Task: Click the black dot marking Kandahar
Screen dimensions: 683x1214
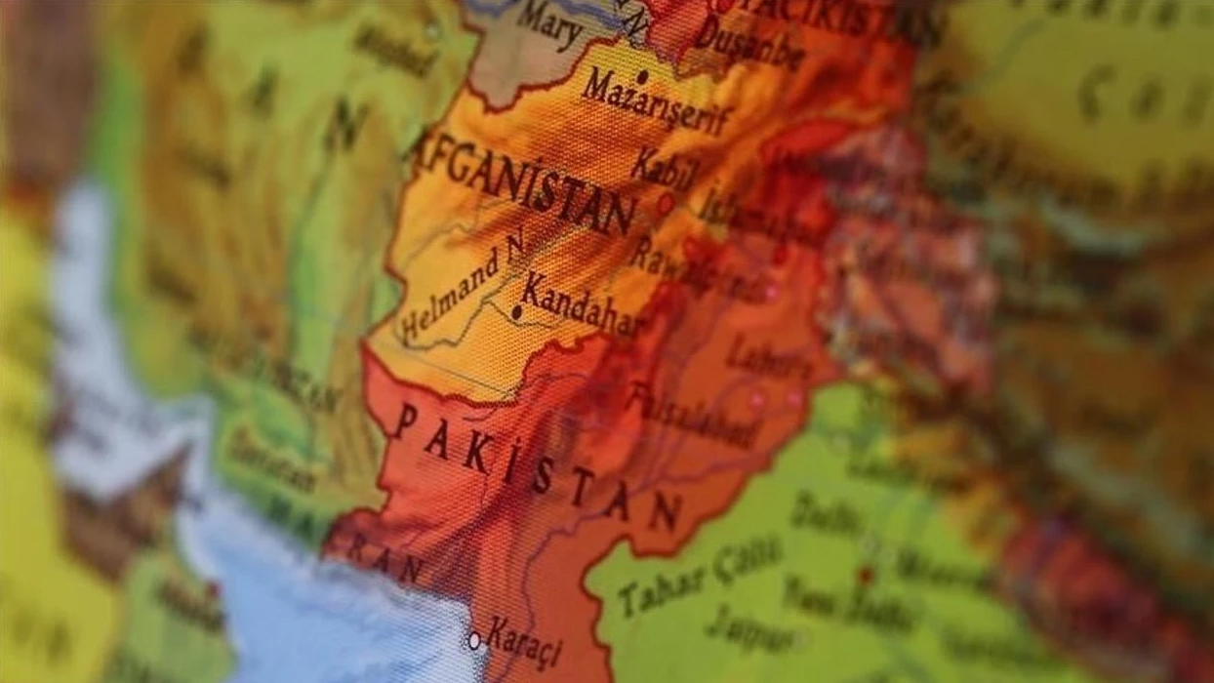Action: coord(516,313)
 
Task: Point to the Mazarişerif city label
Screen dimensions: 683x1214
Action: coord(657,102)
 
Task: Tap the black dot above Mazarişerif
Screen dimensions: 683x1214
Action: coord(641,75)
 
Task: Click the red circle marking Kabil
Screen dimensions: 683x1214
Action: coord(666,204)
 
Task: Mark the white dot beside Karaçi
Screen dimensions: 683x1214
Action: coord(474,641)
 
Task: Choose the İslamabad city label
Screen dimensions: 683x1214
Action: coord(762,220)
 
